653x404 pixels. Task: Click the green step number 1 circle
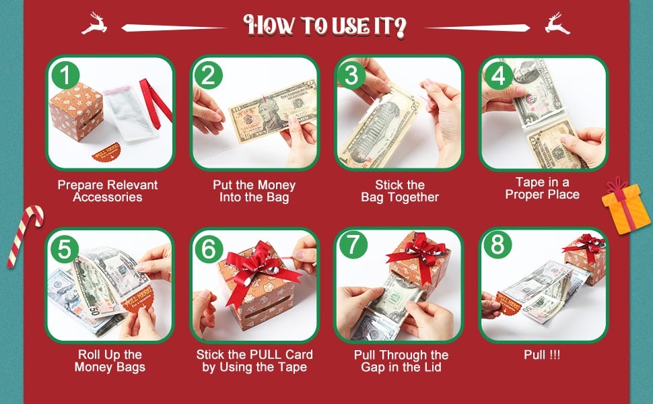pyautogui.click(x=65, y=75)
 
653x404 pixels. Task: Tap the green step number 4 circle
pyautogui.click(x=498, y=75)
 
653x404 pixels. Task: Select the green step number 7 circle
pyautogui.click(x=353, y=244)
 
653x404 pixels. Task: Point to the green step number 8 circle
pyautogui.click(x=497, y=244)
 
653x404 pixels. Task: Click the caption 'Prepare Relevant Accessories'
pyautogui.click(x=108, y=191)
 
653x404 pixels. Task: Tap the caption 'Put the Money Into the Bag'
pyautogui.click(x=254, y=191)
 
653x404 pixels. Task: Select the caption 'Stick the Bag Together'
pyautogui.click(x=400, y=191)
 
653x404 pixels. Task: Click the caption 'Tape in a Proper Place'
pyautogui.click(x=542, y=189)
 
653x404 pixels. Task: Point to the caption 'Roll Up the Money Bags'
pyautogui.click(x=110, y=361)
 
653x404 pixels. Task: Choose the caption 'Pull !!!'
pyautogui.click(x=542, y=355)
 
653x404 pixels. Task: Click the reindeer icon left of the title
pyautogui.click(x=94, y=24)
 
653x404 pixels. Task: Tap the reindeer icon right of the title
pyautogui.click(x=557, y=24)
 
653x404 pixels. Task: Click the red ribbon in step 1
pyautogui.click(x=155, y=102)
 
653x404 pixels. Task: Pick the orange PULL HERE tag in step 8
pyautogui.click(x=508, y=303)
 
